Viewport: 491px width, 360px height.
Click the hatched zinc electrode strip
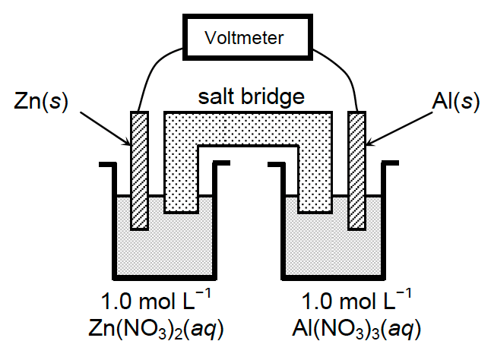coord(139,171)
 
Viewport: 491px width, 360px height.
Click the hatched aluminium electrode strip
coord(356,171)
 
